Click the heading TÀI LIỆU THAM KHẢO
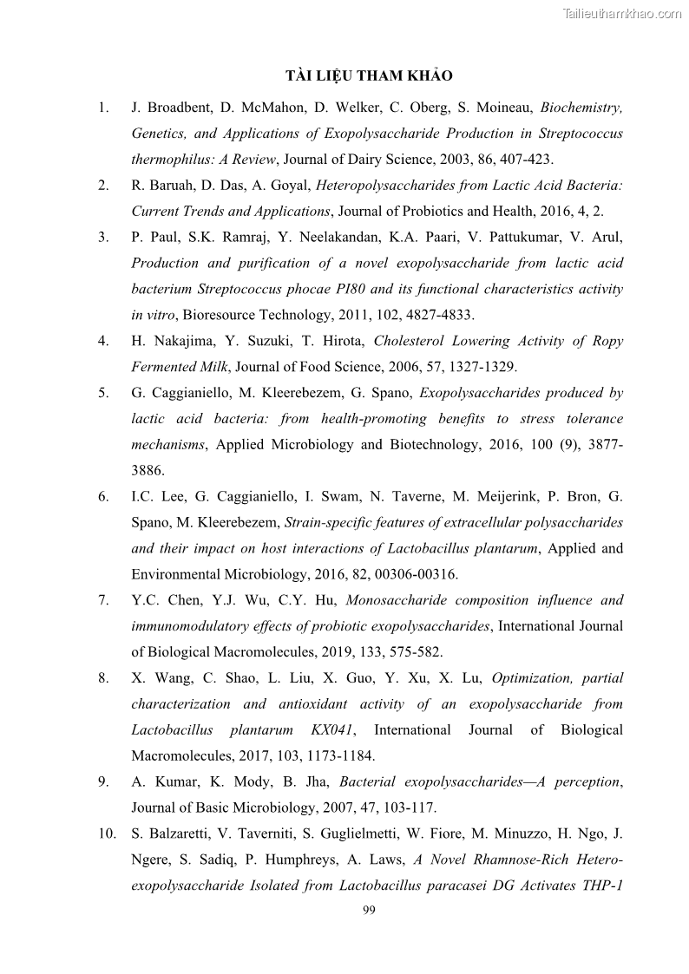pyautogui.click(x=369, y=75)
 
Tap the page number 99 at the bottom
pyautogui.click(x=369, y=910)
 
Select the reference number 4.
pyautogui.click(x=103, y=341)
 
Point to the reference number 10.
pyautogui.click(x=107, y=834)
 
